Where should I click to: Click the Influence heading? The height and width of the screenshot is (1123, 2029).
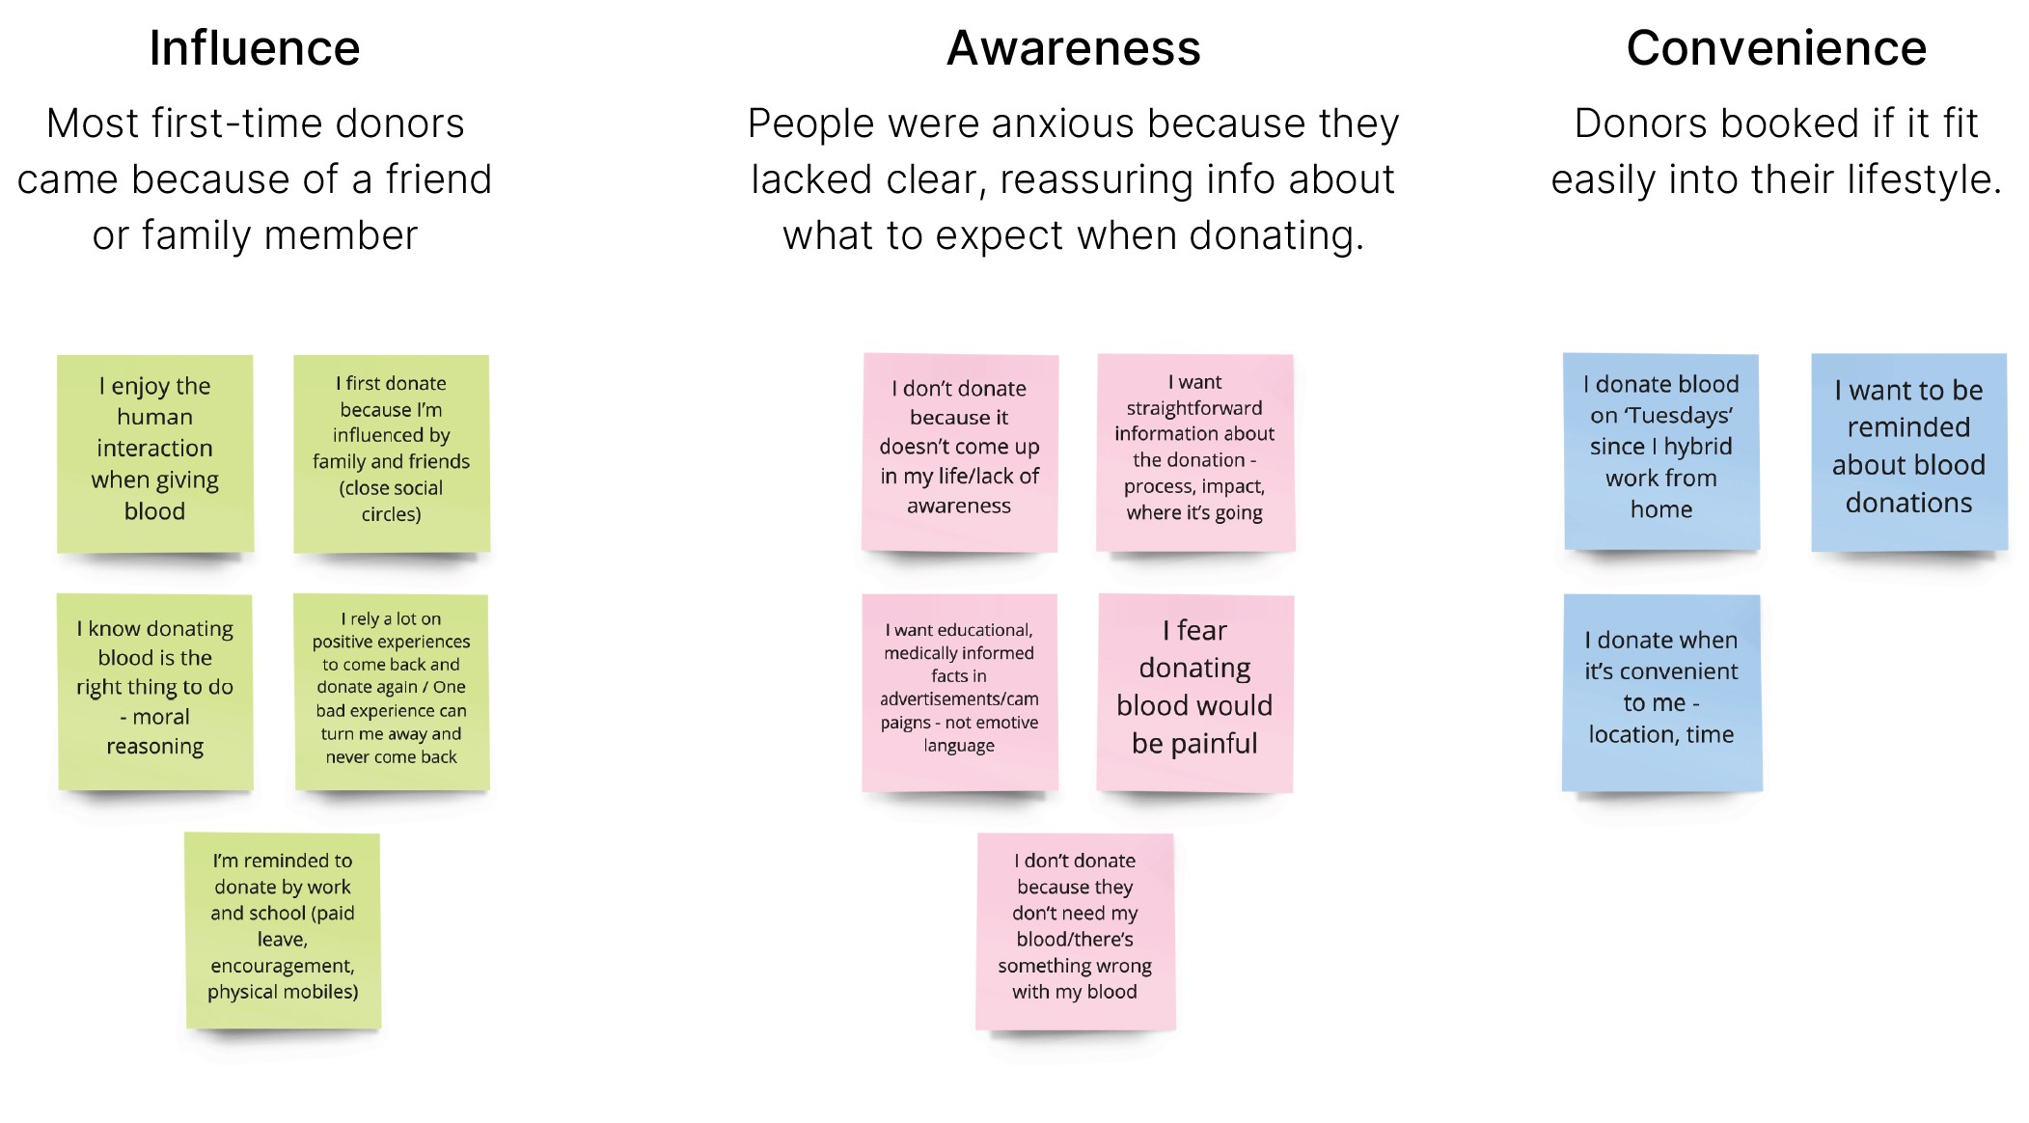tap(255, 48)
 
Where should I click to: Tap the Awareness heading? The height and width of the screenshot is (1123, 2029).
tap(1073, 48)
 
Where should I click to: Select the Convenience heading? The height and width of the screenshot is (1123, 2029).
tap(1776, 48)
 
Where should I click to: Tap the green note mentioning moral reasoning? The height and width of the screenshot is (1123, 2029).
tap(155, 691)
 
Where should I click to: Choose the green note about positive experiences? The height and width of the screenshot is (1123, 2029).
tap(392, 691)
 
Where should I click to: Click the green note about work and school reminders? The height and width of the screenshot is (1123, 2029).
tap(283, 929)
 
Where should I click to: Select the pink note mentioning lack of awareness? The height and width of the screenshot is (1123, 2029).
tap(960, 452)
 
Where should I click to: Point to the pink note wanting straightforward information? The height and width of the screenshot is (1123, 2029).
tap(1194, 452)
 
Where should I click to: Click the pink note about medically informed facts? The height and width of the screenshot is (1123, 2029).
tap(960, 691)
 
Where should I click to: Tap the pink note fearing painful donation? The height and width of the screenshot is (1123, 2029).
tap(1194, 691)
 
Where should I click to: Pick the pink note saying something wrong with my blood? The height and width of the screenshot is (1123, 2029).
tap(1075, 929)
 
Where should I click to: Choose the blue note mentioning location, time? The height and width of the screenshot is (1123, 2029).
tap(1661, 691)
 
